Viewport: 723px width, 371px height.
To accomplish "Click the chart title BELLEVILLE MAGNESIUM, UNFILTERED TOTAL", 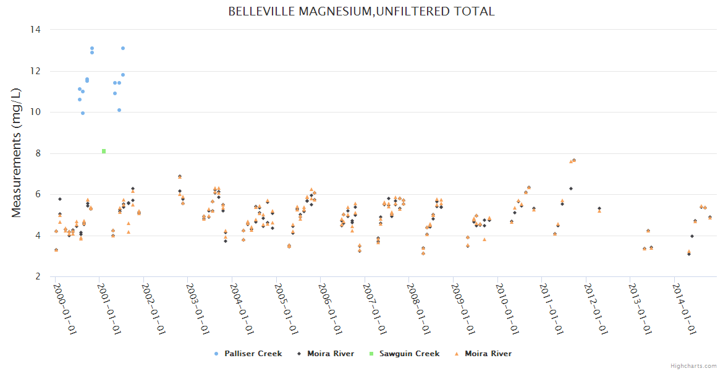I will (361, 12).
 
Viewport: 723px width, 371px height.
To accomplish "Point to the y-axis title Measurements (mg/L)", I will (17, 153).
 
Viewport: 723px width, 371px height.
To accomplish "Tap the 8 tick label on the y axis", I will (38, 153).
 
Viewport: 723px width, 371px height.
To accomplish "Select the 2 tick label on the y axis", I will (38, 277).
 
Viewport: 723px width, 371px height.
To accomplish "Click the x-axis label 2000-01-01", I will (64, 309).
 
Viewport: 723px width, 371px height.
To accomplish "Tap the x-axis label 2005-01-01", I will (285, 309).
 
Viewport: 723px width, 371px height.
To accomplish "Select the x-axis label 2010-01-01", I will (507, 309).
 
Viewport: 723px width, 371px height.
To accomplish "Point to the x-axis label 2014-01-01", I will (684, 309).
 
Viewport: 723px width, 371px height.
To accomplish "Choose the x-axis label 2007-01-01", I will (374, 309).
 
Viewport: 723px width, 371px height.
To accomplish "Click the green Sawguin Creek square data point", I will (104, 151).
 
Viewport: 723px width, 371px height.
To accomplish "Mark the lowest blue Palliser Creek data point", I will (83, 113).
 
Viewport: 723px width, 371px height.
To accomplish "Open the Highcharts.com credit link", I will (693, 366).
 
